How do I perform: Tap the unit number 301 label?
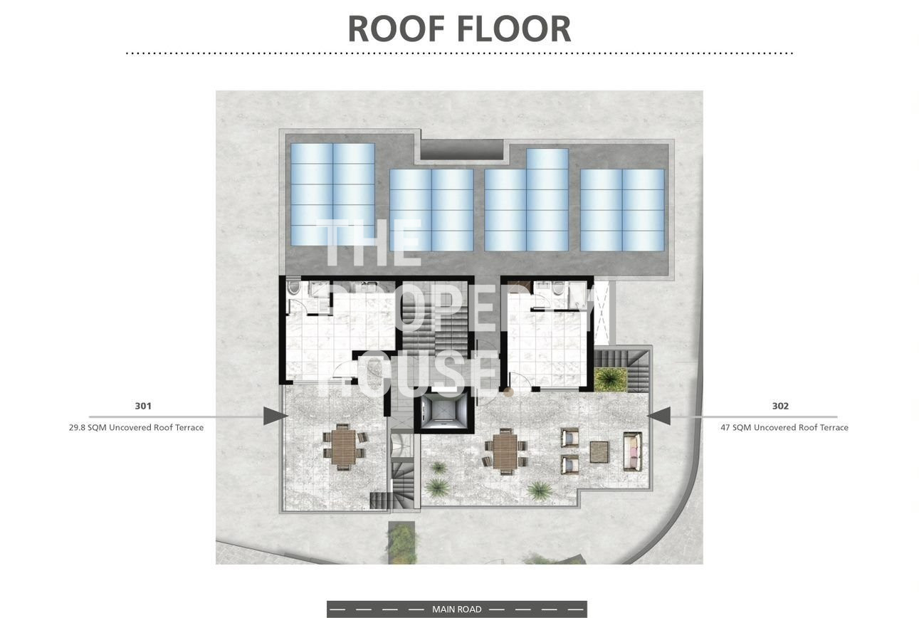coord(143,406)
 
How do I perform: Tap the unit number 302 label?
coord(780,406)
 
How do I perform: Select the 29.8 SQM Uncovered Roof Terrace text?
coord(136,427)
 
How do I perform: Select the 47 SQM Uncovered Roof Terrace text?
coord(784,427)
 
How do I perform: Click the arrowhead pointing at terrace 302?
coord(658,416)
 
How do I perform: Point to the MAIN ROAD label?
coord(456,609)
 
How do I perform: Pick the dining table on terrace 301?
coord(343,447)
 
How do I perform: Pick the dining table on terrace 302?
coord(505,451)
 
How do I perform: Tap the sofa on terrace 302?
coord(632,451)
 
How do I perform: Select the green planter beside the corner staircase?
coord(611,380)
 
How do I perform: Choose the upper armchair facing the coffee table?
coord(570,437)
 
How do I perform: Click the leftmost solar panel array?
coord(332,194)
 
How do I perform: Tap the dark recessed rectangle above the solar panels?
coord(461,150)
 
